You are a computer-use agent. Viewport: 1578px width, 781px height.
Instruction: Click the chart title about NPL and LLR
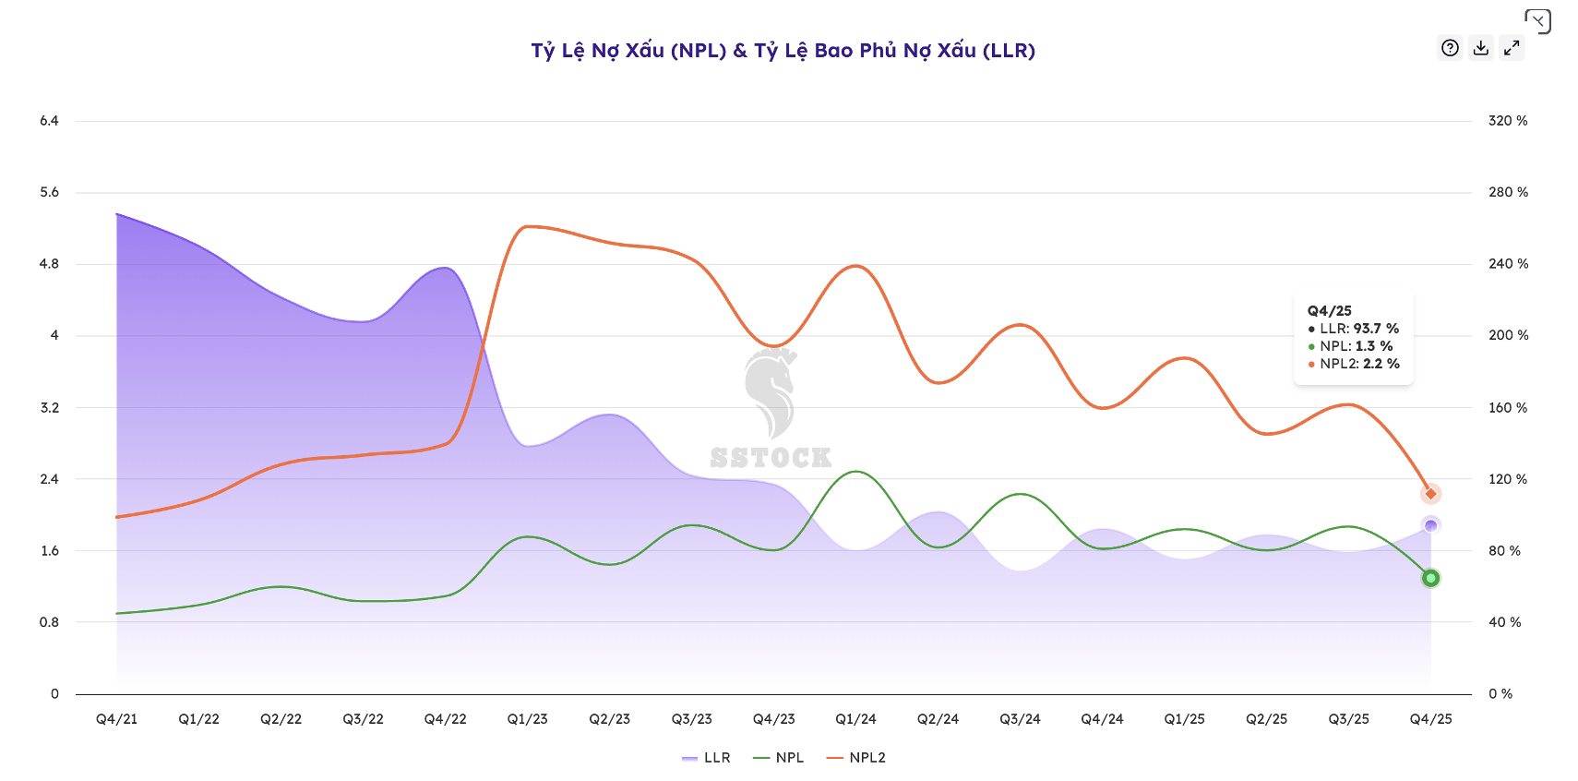pos(783,51)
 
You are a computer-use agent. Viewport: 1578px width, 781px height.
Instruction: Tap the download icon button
pos(1481,48)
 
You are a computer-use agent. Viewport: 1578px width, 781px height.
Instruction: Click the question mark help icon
pos(1451,48)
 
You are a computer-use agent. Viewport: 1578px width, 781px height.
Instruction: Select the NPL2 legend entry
pos(856,758)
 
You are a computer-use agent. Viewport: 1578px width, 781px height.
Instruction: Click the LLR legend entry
pos(707,758)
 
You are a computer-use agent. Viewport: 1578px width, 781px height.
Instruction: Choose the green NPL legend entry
pos(779,758)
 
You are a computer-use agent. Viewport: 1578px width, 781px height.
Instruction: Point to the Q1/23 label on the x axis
pos(527,719)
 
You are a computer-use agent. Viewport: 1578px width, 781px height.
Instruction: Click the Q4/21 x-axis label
pos(116,719)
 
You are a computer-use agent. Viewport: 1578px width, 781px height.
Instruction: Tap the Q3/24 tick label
pos(1020,719)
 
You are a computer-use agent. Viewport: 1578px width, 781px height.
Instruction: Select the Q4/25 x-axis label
pos(1430,719)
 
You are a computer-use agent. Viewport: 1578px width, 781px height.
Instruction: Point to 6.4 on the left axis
pos(49,121)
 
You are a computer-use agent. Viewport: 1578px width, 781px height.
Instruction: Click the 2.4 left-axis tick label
pos(49,479)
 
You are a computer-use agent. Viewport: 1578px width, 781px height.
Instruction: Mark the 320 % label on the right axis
pos(1508,121)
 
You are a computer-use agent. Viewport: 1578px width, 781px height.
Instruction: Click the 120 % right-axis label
pos(1508,479)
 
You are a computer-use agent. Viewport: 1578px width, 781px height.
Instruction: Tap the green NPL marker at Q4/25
pos(1430,578)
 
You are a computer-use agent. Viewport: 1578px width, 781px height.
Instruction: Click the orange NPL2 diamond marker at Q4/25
pos(1430,494)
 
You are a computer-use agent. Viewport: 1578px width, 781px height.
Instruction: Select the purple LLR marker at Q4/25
pos(1430,525)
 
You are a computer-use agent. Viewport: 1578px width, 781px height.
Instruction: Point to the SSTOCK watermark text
pos(771,458)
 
